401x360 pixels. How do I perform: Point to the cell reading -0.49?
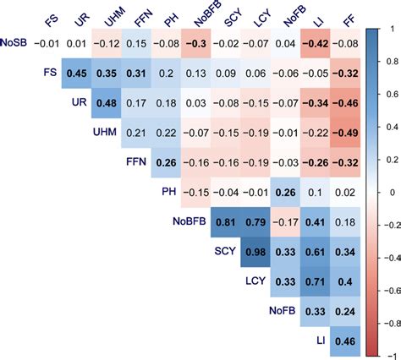click(x=345, y=133)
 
